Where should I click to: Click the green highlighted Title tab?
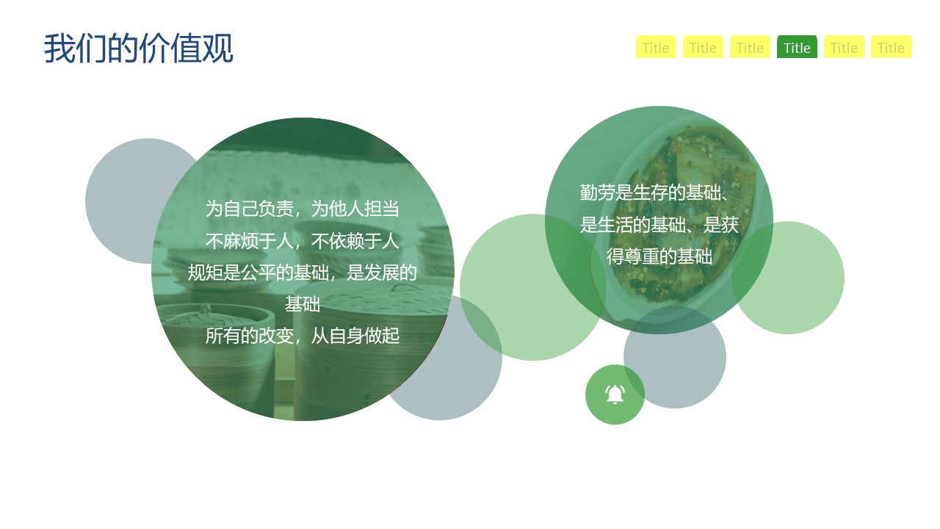point(797,47)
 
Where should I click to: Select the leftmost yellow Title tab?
point(656,47)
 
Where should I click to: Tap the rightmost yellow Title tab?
point(892,47)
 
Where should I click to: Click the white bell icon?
point(615,395)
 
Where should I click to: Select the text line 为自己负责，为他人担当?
point(302,209)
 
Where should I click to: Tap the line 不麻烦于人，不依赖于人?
point(302,241)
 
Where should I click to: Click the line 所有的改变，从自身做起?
point(302,336)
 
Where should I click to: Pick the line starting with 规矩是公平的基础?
point(302,273)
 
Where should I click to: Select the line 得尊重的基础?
point(659,256)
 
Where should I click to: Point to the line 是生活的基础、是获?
point(659,225)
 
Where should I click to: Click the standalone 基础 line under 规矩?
point(302,304)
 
